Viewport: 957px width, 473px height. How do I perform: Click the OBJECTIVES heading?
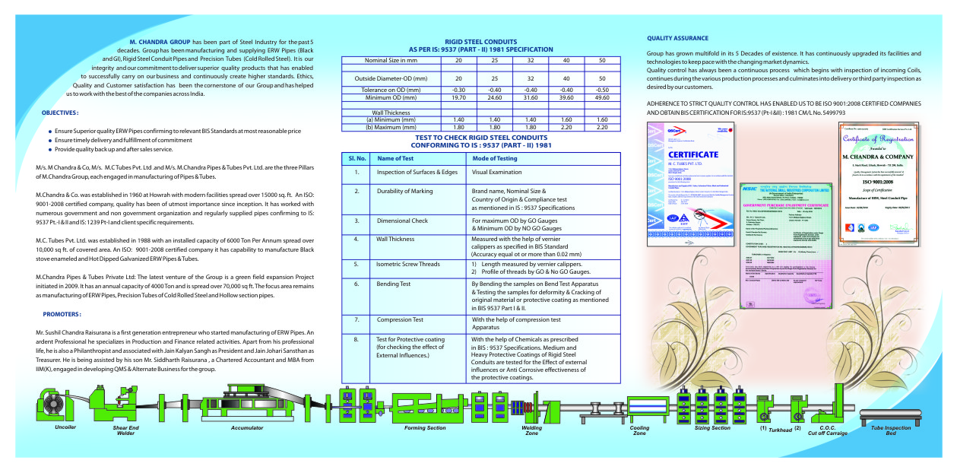click(60, 113)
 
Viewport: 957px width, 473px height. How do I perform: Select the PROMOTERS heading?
click(62, 313)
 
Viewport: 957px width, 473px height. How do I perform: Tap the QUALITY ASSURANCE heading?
click(677, 38)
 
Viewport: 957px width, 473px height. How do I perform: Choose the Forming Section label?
click(425, 428)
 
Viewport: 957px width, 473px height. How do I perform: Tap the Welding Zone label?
click(532, 431)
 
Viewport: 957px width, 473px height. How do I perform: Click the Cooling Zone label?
click(639, 431)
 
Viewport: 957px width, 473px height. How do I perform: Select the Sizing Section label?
click(712, 428)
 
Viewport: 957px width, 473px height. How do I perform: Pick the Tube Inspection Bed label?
click(902, 431)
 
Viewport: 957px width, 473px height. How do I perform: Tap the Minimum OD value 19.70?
click(458, 97)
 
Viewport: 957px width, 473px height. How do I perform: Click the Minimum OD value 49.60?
click(602, 97)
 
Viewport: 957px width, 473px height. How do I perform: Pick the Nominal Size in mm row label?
click(391, 59)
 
